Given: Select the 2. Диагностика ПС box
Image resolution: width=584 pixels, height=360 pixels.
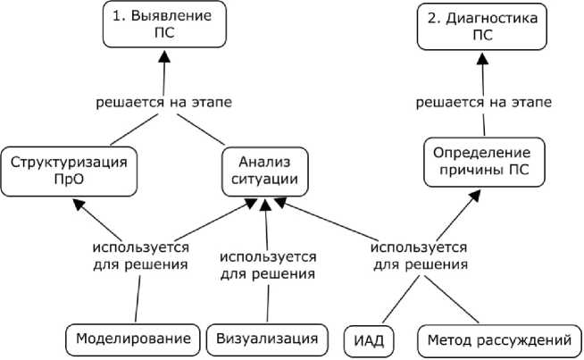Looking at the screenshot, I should pos(481,25).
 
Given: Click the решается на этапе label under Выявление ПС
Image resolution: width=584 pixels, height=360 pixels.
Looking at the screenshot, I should pos(163,103).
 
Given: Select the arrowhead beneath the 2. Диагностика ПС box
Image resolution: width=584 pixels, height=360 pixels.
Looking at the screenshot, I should pos(483,59).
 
